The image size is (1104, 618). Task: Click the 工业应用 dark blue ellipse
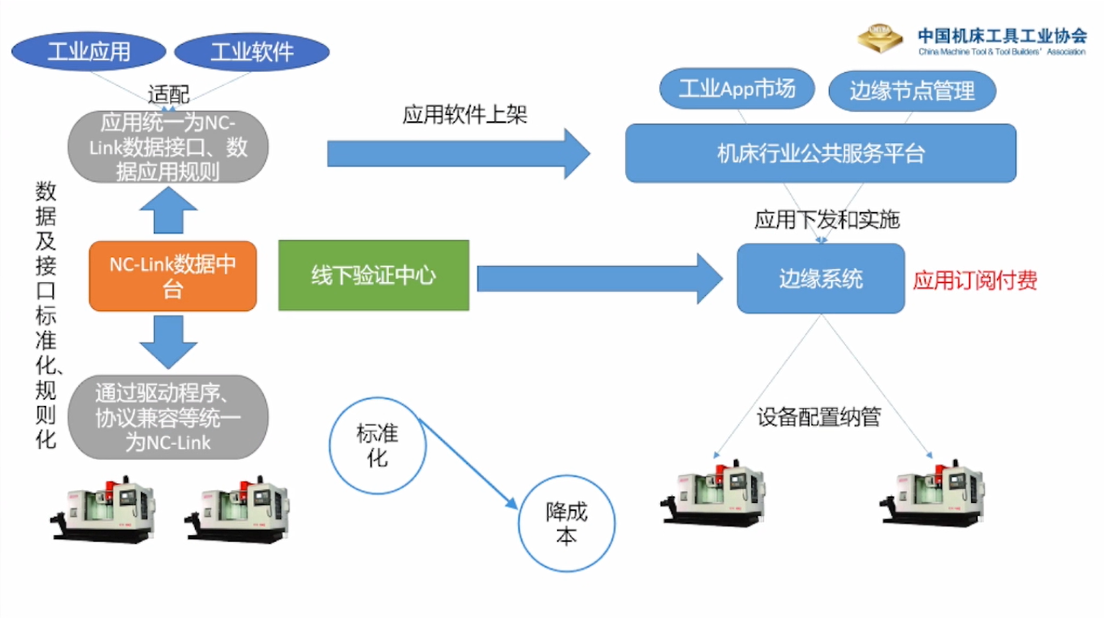88,52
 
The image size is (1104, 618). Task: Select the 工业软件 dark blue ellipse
252,52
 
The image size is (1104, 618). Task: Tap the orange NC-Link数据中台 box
172,276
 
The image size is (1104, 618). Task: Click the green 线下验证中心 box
374,275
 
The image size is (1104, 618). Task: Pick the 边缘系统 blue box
820,279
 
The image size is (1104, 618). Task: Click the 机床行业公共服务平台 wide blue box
820,154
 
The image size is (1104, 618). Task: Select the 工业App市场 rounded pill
736,88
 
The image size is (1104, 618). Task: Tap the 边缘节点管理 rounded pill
912,91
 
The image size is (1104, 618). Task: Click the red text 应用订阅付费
975,280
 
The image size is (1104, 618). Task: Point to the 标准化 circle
377,446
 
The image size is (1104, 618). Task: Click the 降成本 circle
566,523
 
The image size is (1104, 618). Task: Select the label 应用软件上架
464,115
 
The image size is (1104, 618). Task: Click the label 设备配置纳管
818,416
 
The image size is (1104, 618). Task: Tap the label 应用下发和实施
826,219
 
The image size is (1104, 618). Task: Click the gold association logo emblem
880,38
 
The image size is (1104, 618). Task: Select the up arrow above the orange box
168,211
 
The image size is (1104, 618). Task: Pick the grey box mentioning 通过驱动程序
168,417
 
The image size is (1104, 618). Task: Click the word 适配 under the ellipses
168,95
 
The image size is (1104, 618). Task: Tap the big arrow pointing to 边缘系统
598,279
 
